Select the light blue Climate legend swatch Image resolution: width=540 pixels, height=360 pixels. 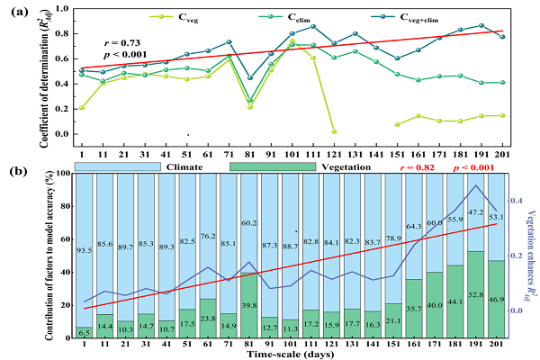pos(118,166)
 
